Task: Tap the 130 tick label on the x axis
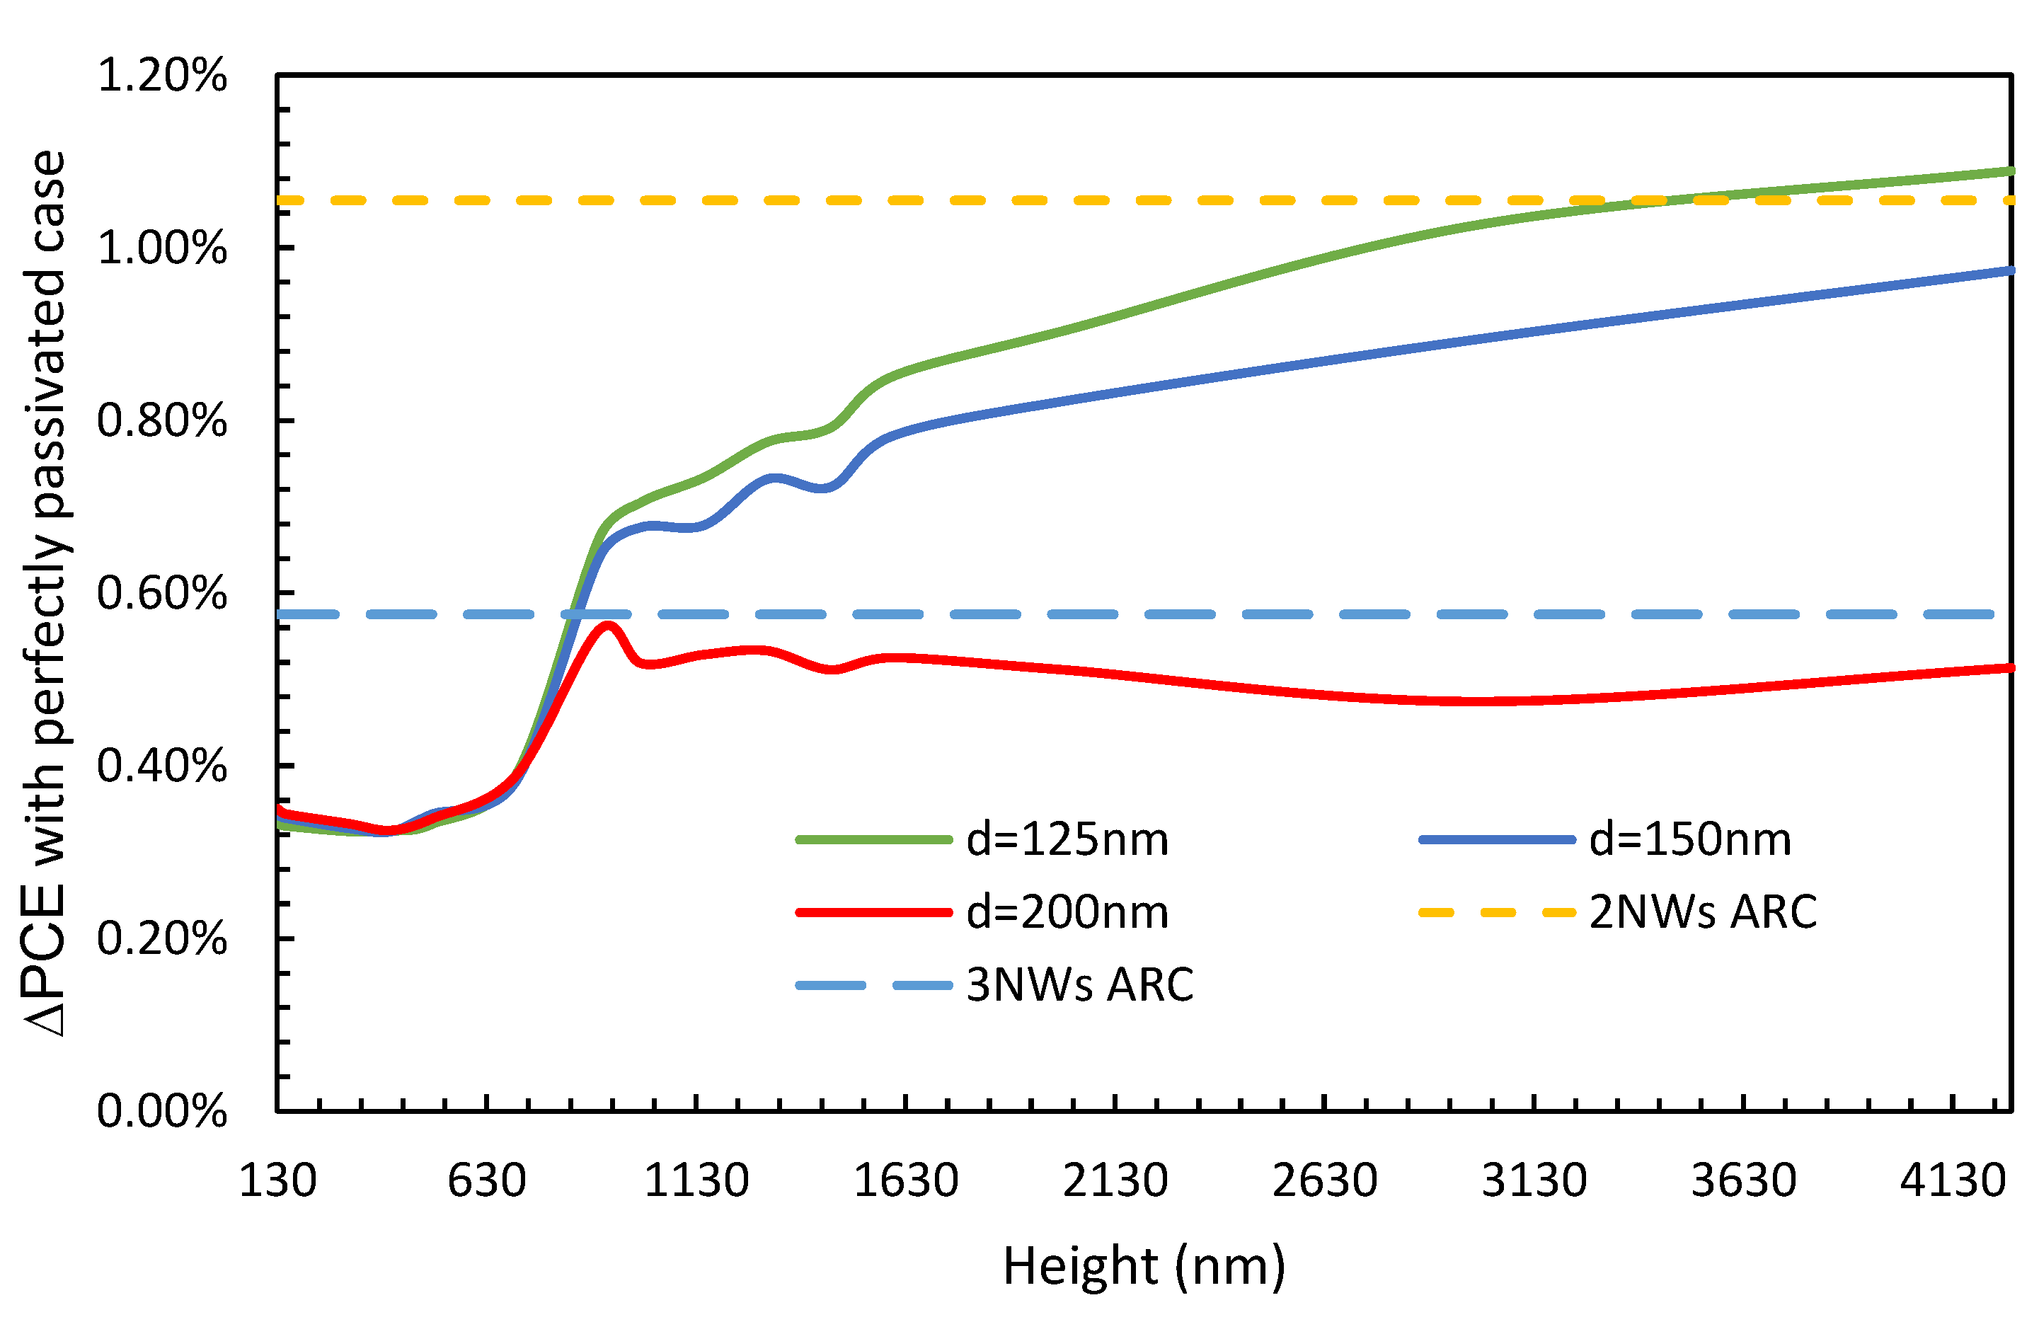(x=277, y=1181)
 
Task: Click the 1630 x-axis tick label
(x=906, y=1181)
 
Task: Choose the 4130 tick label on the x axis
(x=1953, y=1181)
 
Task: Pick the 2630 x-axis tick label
(x=1324, y=1181)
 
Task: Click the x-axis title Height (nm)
(x=1144, y=1267)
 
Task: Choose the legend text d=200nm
(x=1067, y=912)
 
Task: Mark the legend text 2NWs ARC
(x=1702, y=912)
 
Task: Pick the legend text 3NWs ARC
(x=1079, y=985)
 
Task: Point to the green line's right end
(x=2010, y=172)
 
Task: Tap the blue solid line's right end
(x=2010, y=271)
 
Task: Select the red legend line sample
(x=873, y=912)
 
